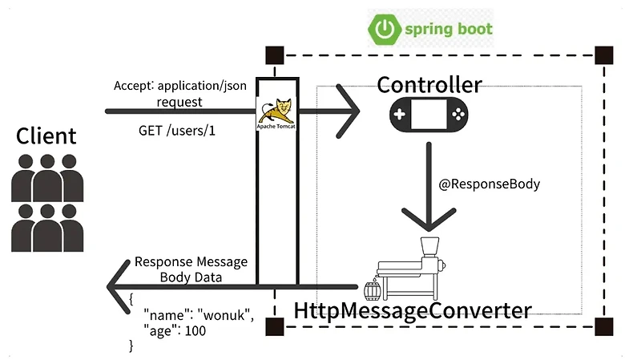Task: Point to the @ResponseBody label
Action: pos(490,184)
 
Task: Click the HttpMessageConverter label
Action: pos(413,310)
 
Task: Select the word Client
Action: pos(46,136)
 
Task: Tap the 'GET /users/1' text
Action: pos(177,130)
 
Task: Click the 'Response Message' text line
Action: pos(191,262)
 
